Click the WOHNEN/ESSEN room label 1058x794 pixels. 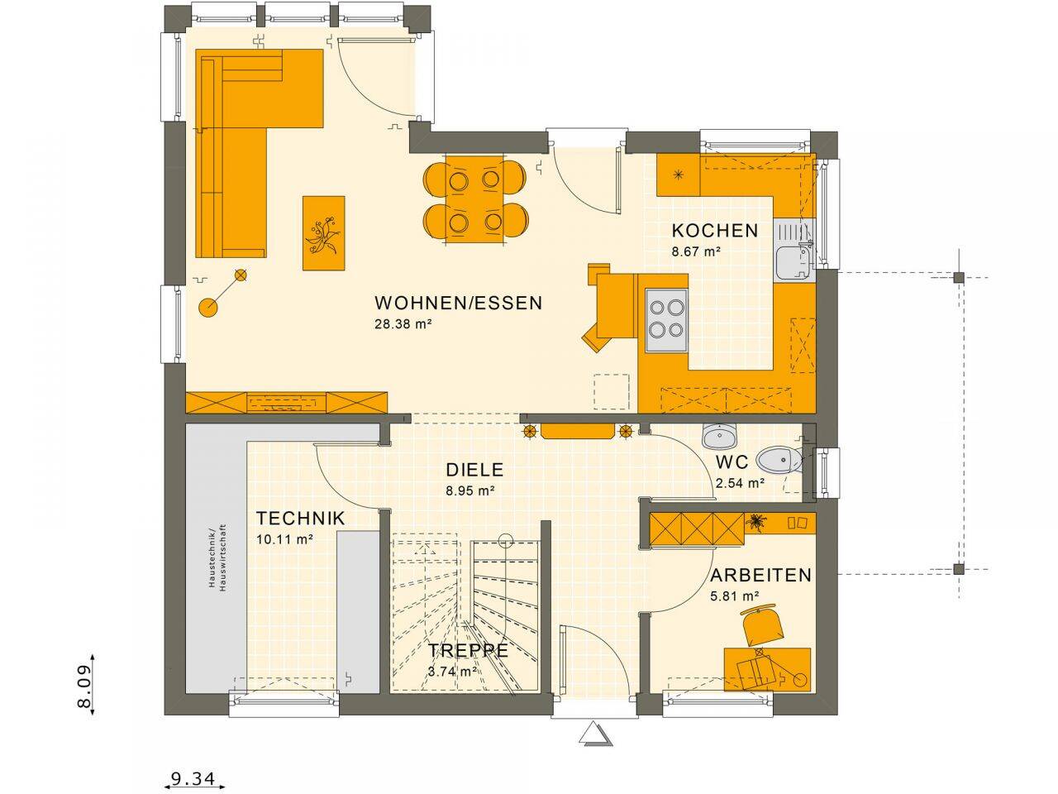(x=458, y=303)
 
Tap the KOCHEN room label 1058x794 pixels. (x=714, y=231)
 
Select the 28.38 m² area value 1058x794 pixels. (x=404, y=324)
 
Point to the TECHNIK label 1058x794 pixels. (x=300, y=519)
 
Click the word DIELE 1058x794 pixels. (x=474, y=470)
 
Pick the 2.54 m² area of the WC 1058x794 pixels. (x=739, y=484)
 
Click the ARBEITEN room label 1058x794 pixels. (x=760, y=575)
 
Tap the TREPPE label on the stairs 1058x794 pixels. (x=468, y=650)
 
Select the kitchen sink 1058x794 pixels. (x=794, y=259)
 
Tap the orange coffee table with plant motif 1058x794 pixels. (x=323, y=232)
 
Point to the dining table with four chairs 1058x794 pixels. (x=474, y=198)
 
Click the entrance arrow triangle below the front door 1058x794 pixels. (x=593, y=734)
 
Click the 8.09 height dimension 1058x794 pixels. (x=83, y=682)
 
